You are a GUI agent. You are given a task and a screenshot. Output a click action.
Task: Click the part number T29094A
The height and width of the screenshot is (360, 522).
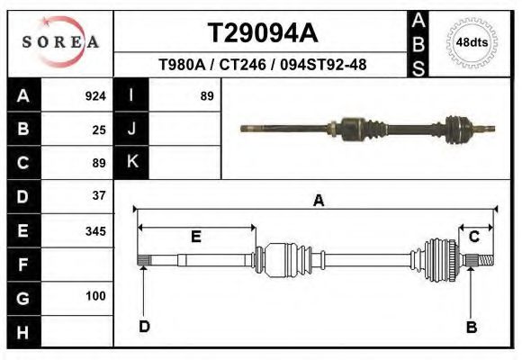[263, 33]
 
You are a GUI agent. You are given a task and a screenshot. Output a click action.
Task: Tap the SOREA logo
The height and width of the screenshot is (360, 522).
[60, 43]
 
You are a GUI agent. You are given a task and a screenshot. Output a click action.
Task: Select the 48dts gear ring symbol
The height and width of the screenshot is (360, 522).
[467, 42]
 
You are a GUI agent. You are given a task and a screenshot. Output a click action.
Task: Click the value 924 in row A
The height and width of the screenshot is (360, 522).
[95, 96]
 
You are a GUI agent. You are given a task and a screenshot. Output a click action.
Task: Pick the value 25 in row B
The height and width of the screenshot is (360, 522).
[99, 130]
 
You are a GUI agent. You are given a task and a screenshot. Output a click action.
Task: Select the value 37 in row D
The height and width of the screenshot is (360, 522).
[99, 195]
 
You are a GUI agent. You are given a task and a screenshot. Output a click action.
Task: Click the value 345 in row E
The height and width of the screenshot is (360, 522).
[95, 230]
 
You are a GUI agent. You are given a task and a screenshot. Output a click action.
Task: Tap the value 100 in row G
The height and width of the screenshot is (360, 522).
[95, 296]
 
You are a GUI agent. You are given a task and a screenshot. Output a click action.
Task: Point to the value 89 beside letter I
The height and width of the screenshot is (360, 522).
[206, 96]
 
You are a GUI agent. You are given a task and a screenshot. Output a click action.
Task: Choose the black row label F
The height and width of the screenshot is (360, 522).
[23, 264]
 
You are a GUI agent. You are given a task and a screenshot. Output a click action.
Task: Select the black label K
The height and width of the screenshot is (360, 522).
[131, 162]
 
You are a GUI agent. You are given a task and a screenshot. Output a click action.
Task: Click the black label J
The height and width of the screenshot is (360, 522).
[131, 130]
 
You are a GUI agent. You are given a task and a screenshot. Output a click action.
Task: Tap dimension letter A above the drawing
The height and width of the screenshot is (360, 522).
[318, 202]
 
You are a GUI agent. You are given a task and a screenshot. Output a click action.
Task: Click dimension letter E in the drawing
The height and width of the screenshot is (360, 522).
[195, 238]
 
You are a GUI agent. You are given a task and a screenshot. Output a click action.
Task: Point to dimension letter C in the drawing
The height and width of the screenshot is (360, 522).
[473, 238]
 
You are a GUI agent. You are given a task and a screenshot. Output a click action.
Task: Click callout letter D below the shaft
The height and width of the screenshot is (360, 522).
[144, 327]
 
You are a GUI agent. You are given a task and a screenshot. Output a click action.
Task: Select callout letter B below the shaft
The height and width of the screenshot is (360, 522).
[470, 327]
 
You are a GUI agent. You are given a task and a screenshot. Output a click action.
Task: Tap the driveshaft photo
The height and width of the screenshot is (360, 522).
[369, 129]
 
